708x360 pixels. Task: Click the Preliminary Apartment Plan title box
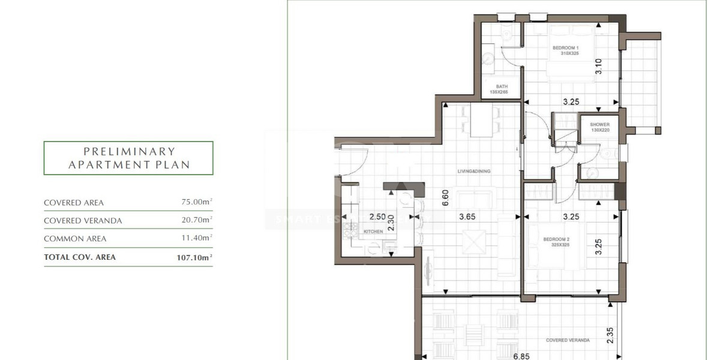(x=128, y=158)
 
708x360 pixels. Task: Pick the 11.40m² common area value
(x=197, y=239)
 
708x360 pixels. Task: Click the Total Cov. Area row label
(x=80, y=257)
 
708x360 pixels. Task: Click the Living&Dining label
(x=474, y=172)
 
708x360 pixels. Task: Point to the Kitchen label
(x=373, y=231)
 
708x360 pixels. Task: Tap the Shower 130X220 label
(x=599, y=128)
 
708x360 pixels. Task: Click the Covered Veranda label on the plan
(x=567, y=340)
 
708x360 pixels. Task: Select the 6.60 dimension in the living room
(x=445, y=197)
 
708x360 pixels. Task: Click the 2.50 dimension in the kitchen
(x=377, y=217)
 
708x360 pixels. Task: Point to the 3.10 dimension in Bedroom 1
(x=598, y=69)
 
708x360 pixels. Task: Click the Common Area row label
(x=75, y=239)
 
